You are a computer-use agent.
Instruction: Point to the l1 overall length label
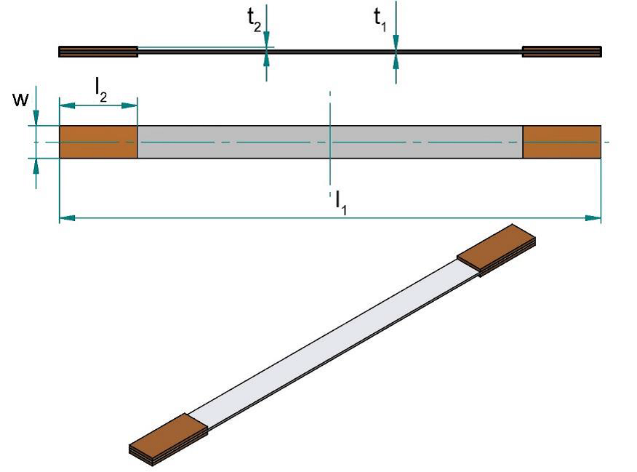(341, 199)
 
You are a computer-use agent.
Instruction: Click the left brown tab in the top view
(98, 142)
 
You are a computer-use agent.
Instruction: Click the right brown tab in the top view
(562, 142)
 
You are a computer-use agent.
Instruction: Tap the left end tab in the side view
(98, 52)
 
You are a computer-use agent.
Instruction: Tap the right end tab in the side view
(562, 52)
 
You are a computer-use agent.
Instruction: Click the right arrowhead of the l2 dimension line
(132, 105)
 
